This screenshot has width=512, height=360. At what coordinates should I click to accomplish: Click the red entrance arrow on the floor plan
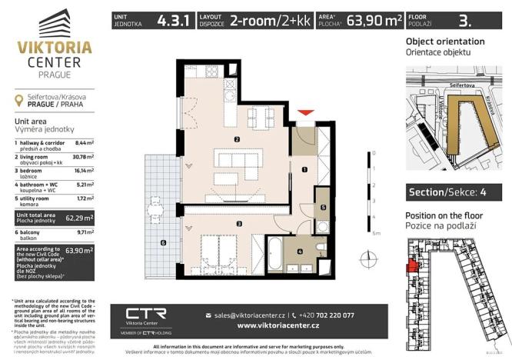tap(306, 115)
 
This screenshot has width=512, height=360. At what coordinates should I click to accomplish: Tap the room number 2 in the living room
tap(238, 139)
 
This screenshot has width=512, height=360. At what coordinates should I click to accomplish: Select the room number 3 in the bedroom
tap(240, 224)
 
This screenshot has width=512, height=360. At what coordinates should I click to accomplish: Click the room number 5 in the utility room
tap(324, 208)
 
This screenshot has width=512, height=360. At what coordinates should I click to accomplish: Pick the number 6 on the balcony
tap(163, 244)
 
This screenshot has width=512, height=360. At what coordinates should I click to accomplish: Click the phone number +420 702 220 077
tap(328, 315)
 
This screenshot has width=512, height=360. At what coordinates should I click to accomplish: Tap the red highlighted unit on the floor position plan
tap(413, 265)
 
